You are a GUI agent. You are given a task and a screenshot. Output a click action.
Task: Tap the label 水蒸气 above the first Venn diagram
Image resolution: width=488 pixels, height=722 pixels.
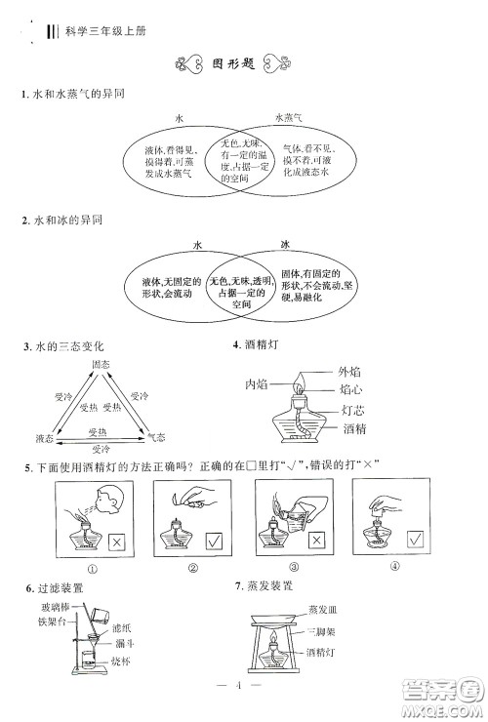coord(287,118)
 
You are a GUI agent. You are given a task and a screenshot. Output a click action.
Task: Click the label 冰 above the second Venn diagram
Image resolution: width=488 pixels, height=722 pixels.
coord(286,244)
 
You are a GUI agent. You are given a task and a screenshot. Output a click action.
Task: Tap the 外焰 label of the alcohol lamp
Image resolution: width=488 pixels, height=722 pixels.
coord(350,371)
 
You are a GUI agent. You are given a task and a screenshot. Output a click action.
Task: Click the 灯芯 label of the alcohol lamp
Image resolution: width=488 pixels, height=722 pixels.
coord(354,410)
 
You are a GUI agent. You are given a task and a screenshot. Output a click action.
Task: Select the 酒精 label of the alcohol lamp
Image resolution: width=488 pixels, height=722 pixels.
coord(354,428)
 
